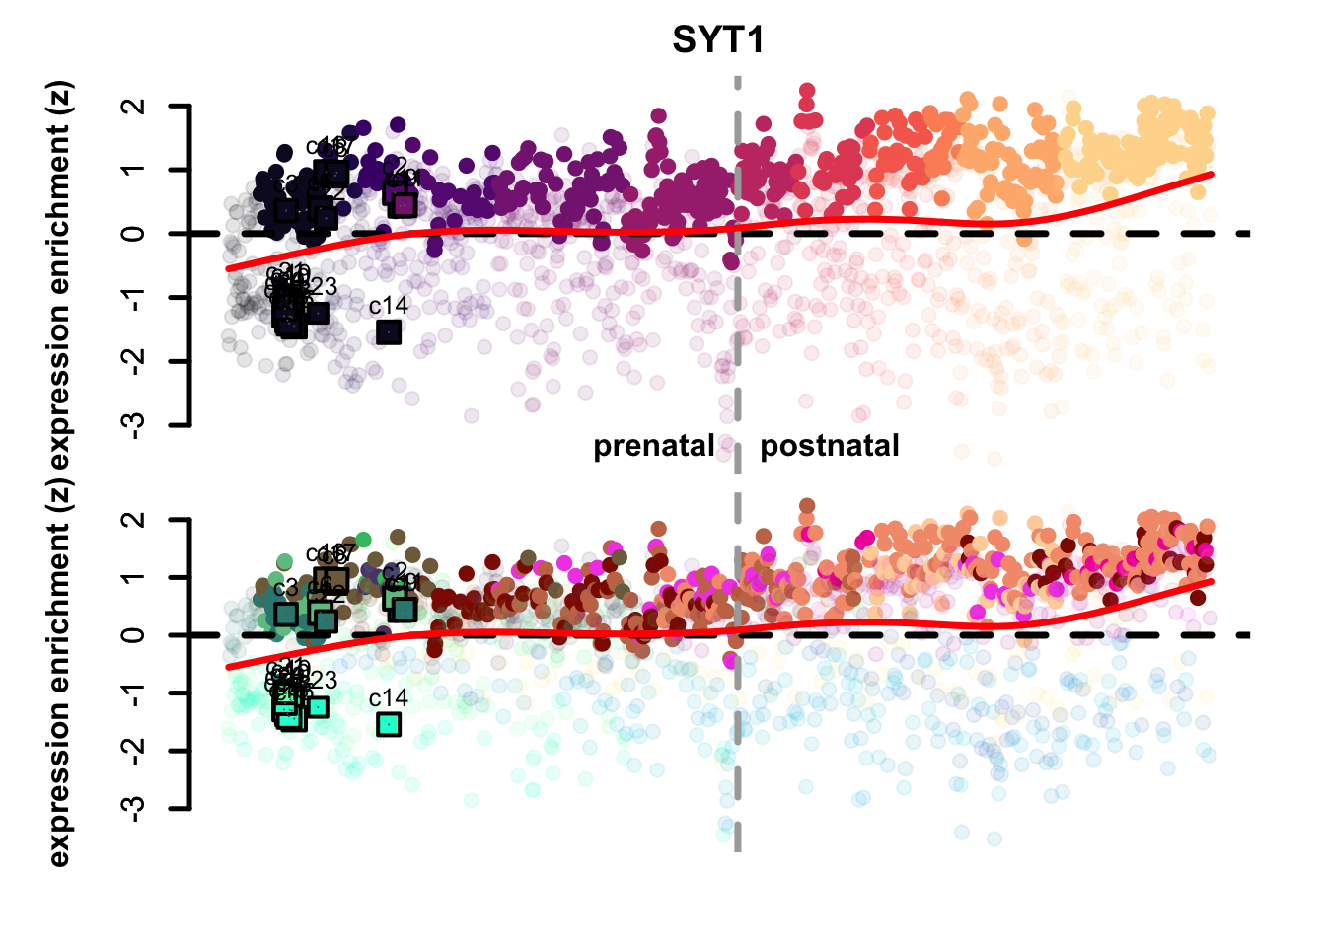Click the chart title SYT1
(x=718, y=40)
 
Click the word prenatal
(x=653, y=446)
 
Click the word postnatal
(x=829, y=446)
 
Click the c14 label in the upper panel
(x=388, y=307)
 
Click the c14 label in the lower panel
(x=388, y=698)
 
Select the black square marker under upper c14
(x=389, y=332)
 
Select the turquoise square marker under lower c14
(x=389, y=725)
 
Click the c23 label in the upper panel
(x=321, y=287)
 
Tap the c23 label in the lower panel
(x=321, y=680)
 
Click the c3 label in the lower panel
(x=285, y=590)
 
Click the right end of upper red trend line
(x=1212, y=174)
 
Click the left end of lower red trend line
(x=229, y=668)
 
